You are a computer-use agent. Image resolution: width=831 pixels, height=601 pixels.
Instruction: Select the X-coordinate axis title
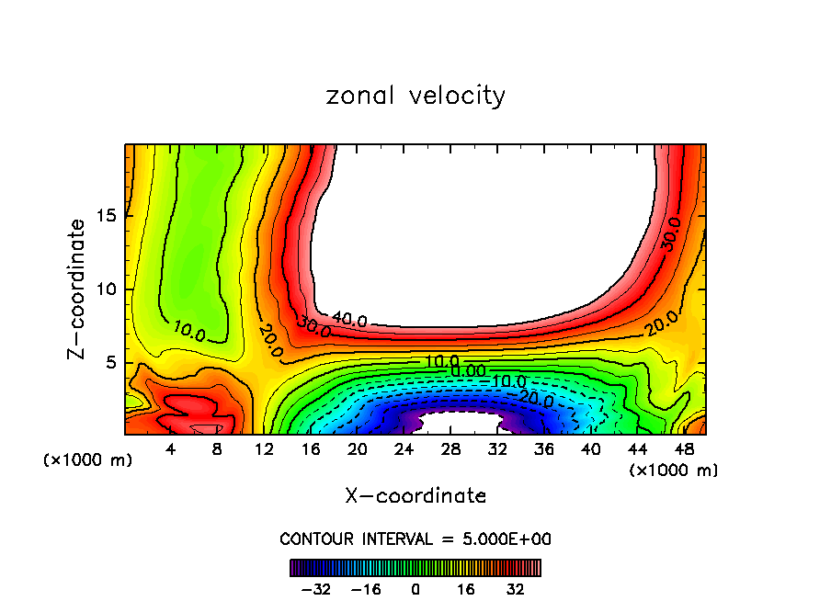[x=415, y=496]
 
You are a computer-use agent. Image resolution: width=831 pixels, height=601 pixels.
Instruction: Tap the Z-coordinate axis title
[x=78, y=289]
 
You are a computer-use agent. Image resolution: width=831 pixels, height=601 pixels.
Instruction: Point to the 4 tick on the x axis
[x=170, y=450]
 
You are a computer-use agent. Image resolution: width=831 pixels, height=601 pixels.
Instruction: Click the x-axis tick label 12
[x=265, y=450]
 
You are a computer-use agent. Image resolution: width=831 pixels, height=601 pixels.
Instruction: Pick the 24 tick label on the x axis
[x=404, y=450]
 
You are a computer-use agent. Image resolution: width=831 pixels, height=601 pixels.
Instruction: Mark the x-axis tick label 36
[x=543, y=450]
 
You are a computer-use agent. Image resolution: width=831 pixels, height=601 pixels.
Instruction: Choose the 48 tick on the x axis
[x=683, y=450]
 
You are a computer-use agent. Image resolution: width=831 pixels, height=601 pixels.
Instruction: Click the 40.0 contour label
[x=349, y=320]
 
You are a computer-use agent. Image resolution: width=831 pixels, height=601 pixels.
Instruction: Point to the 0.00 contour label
[x=468, y=370]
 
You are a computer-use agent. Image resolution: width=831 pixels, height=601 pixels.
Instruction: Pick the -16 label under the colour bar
[x=366, y=589]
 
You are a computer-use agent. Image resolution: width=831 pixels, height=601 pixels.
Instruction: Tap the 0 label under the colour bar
[x=415, y=589]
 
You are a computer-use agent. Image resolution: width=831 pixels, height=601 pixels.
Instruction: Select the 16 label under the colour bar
[x=465, y=589]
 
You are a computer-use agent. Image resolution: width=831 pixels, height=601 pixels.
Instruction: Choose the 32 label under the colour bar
[x=514, y=589]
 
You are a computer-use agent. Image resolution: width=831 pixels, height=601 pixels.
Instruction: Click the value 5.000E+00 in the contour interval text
[x=502, y=539]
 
